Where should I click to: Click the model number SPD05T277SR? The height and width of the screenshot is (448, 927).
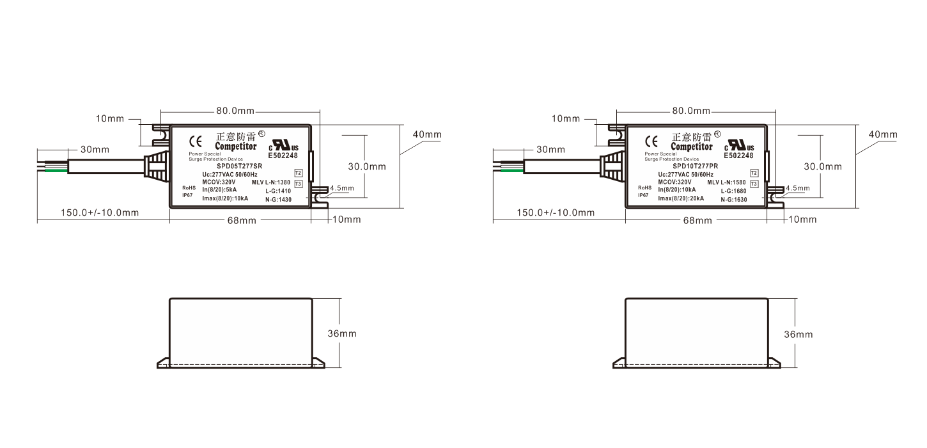pyautogui.click(x=240, y=166)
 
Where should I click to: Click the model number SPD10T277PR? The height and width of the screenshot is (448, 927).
pyautogui.click(x=696, y=166)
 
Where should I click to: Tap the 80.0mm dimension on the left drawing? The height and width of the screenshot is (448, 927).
pyautogui.click(x=235, y=111)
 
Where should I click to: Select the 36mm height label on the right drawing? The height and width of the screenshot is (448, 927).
pyautogui.click(x=798, y=335)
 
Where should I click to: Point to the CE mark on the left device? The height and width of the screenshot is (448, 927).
pyautogui.click(x=196, y=141)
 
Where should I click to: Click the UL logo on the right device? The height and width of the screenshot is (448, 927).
pyautogui.click(x=739, y=145)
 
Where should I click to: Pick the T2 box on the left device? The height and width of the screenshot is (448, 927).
pyautogui.click(x=299, y=173)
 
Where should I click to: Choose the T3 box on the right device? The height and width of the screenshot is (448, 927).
pyautogui.click(x=754, y=184)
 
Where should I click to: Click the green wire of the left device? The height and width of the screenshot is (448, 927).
pyautogui.click(x=56, y=170)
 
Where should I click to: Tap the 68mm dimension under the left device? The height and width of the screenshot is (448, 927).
pyautogui.click(x=242, y=220)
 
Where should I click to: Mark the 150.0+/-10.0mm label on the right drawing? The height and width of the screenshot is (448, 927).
pyautogui.click(x=556, y=212)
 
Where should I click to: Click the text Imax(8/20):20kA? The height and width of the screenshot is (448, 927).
pyautogui.click(x=681, y=198)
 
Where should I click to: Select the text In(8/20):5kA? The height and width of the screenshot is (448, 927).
pyautogui.click(x=219, y=190)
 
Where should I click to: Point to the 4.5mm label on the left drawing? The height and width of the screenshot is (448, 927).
pyautogui.click(x=342, y=188)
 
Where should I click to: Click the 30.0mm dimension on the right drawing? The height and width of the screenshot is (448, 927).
pyautogui.click(x=823, y=166)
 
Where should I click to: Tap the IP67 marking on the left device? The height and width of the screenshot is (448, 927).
pyautogui.click(x=187, y=195)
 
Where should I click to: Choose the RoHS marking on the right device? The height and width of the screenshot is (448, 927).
pyautogui.click(x=645, y=188)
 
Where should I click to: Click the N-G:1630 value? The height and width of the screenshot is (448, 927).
pyautogui.click(x=734, y=200)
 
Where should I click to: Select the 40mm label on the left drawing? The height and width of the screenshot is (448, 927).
pyautogui.click(x=427, y=134)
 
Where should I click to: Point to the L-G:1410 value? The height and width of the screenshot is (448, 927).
pyautogui.click(x=278, y=191)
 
